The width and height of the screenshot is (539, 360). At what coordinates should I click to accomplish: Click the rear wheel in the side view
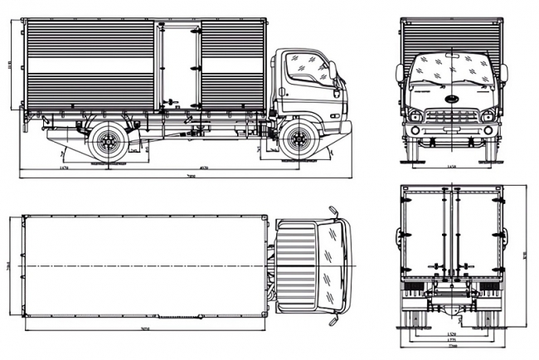(108, 143)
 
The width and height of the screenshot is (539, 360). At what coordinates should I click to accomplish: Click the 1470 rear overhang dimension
(64, 168)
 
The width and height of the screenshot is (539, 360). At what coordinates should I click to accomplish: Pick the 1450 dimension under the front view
(452, 167)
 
